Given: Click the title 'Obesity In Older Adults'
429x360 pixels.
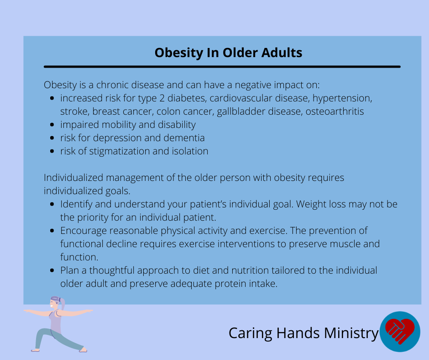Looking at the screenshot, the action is pos(228,53).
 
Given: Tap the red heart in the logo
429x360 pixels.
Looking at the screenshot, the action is pos(400,330).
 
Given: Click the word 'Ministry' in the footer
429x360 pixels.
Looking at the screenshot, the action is pos(351,334).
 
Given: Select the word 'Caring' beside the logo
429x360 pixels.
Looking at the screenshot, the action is pos(251,334).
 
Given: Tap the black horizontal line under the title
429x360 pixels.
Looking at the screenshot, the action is pos(222,67).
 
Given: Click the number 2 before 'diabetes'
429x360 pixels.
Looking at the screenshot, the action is pos(162,98).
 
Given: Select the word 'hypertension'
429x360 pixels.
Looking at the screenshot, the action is pos(342,98).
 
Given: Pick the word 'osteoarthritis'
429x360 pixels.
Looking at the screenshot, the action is pos(335,111).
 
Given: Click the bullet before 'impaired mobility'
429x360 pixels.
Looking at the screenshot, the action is pos(52,125).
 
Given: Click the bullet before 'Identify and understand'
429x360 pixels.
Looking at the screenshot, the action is pos(52,204).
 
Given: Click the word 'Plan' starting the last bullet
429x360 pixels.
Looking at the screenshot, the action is pos(69,270).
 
